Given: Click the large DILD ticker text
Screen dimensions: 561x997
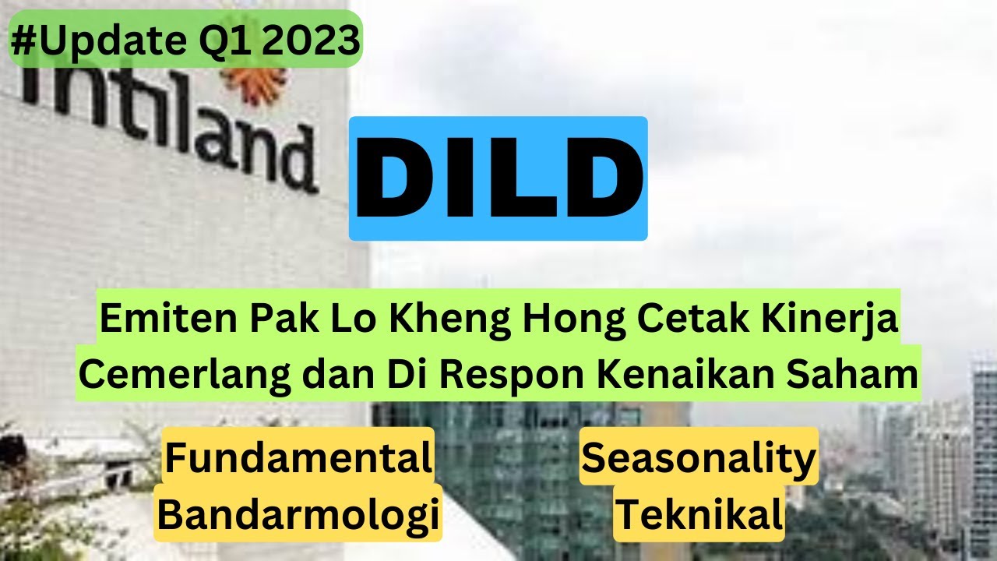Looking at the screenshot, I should (498, 178).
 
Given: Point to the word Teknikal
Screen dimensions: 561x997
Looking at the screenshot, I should (699, 513).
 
